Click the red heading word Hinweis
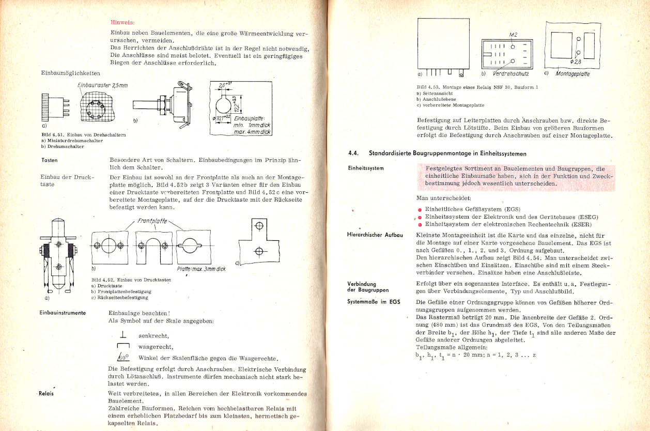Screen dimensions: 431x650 122,22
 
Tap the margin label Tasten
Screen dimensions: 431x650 50,160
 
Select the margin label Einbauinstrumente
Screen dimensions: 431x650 62,313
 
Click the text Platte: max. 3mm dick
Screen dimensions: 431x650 201,269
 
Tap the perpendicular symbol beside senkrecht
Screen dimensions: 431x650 123,335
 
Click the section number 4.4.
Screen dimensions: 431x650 355,153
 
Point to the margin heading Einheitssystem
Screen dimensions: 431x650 366,169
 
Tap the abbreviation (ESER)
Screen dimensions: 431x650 581,224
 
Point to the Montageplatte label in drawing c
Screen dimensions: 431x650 572,74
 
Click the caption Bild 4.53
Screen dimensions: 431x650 428,87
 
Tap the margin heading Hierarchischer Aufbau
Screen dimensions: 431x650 375,235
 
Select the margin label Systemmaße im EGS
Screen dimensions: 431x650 374,301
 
